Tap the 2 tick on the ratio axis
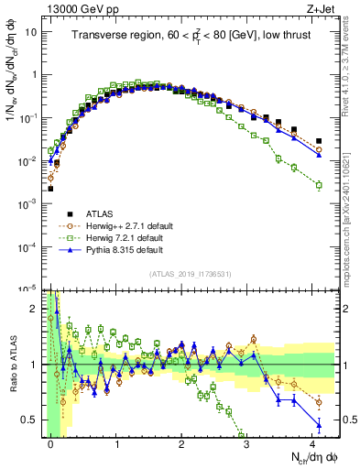(35, 309)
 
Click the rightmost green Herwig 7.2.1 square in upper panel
(318, 185)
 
